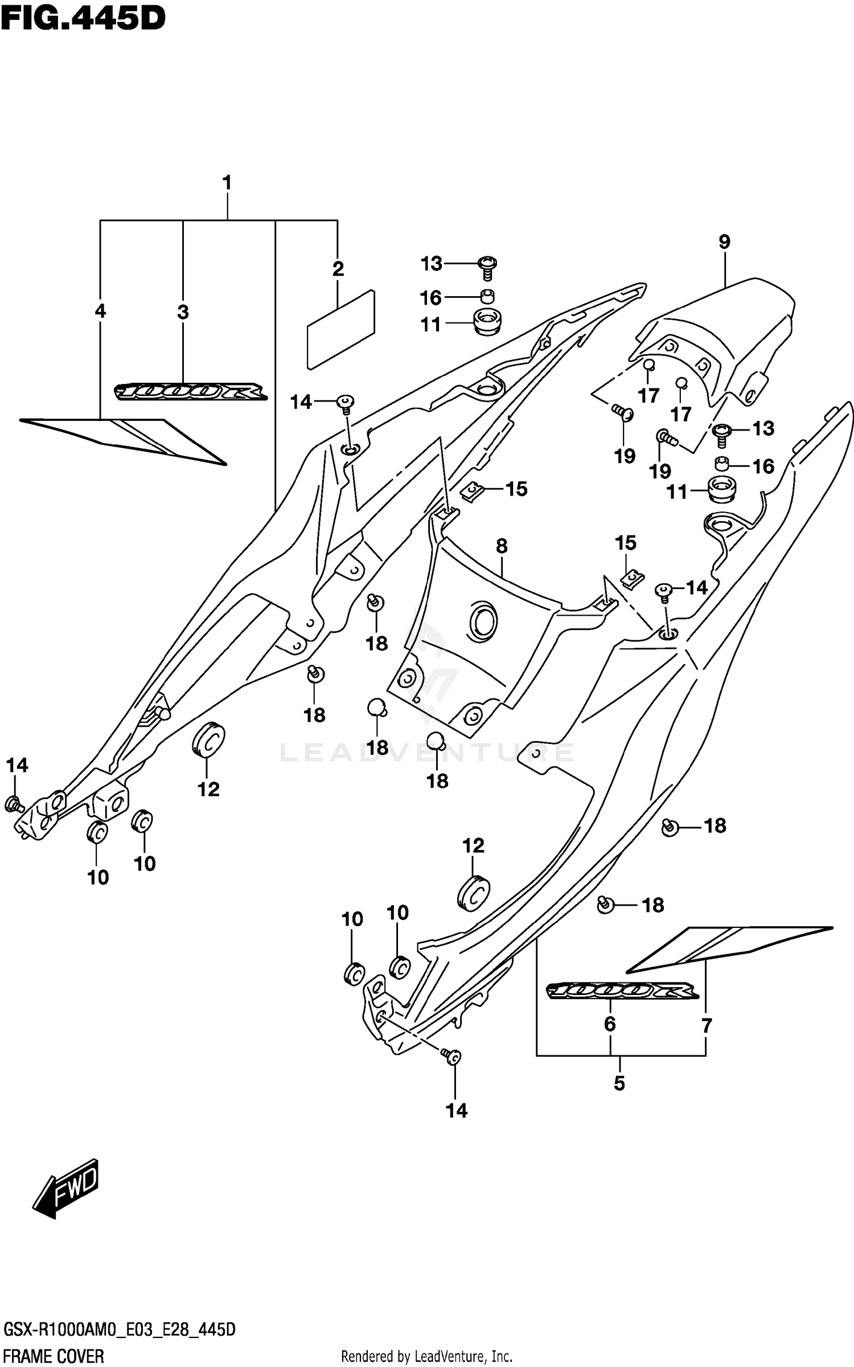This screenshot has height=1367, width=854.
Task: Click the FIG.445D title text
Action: pos(83,18)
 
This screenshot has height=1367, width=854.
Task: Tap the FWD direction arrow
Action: pos(65,1189)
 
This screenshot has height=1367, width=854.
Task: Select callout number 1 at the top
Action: pos(227,183)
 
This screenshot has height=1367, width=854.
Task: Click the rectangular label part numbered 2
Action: pos(340,329)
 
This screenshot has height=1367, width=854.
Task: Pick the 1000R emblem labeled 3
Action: pos(191,392)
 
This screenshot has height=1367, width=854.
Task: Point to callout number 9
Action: pos(724,242)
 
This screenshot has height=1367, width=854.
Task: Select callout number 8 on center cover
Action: pos(501,546)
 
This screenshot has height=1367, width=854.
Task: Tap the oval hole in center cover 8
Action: pos(483,620)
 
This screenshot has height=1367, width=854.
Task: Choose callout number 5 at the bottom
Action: pos(619,1083)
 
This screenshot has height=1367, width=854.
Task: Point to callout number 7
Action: pos(706,1026)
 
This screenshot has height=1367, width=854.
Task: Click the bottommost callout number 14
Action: pos(456,1110)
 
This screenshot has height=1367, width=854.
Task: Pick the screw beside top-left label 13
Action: pos(488,266)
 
